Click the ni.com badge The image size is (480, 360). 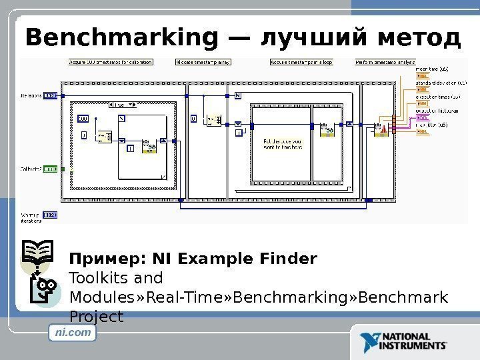[x=73, y=331]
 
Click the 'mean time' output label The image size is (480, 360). [x=432, y=68]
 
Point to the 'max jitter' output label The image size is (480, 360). [x=432, y=124]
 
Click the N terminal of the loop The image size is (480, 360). [x=238, y=95]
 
